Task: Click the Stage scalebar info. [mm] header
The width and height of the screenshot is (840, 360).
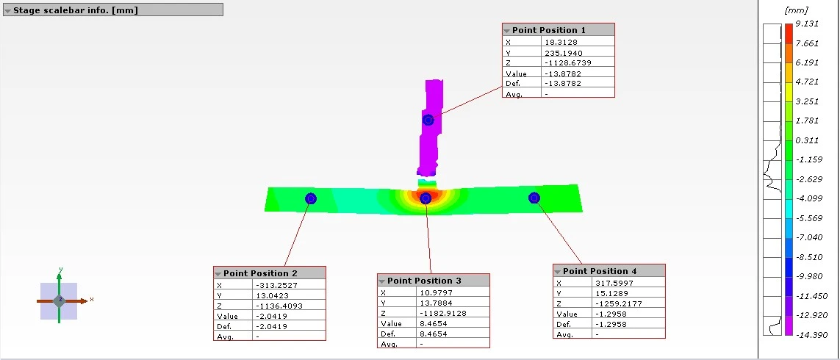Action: [113, 10]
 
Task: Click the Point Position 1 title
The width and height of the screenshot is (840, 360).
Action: [548, 30]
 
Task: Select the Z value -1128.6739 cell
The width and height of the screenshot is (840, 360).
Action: [577, 62]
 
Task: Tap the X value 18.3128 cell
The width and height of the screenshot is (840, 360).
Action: [577, 42]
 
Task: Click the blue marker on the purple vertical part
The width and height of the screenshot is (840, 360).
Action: [428, 120]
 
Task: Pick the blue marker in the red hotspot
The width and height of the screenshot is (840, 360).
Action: [426, 199]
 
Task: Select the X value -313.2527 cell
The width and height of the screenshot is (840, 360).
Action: [289, 285]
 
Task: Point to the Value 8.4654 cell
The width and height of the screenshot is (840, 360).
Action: [453, 323]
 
